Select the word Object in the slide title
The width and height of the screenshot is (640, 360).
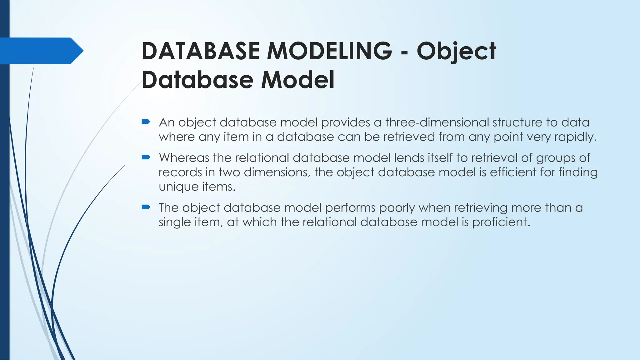click(456, 51)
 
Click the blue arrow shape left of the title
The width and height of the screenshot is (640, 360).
click(42, 51)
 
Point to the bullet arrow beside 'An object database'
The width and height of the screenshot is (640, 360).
click(146, 122)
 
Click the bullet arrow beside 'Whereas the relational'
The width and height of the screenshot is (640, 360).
click(146, 157)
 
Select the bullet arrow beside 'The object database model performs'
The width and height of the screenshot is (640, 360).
click(146, 207)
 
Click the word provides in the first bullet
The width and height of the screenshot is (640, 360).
click(346, 122)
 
